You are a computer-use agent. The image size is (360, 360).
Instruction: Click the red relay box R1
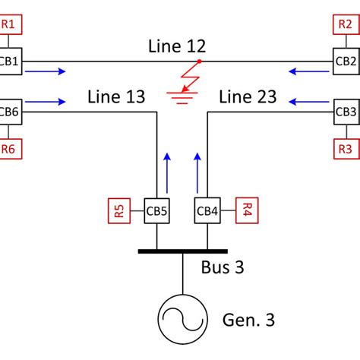coord(11,25)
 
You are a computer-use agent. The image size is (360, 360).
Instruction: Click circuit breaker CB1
coord(10,60)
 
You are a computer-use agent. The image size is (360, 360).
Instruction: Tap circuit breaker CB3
coord(346,112)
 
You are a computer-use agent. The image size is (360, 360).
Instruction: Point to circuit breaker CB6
coord(9,112)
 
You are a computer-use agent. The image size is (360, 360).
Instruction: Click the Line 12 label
coord(177,46)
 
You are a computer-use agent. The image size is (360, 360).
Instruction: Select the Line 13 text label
coord(115,96)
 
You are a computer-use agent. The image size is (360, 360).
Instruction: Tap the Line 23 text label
coord(247,96)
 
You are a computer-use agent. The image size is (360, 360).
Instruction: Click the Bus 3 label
coord(222,267)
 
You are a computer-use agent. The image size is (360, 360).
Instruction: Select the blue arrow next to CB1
coord(45,72)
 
